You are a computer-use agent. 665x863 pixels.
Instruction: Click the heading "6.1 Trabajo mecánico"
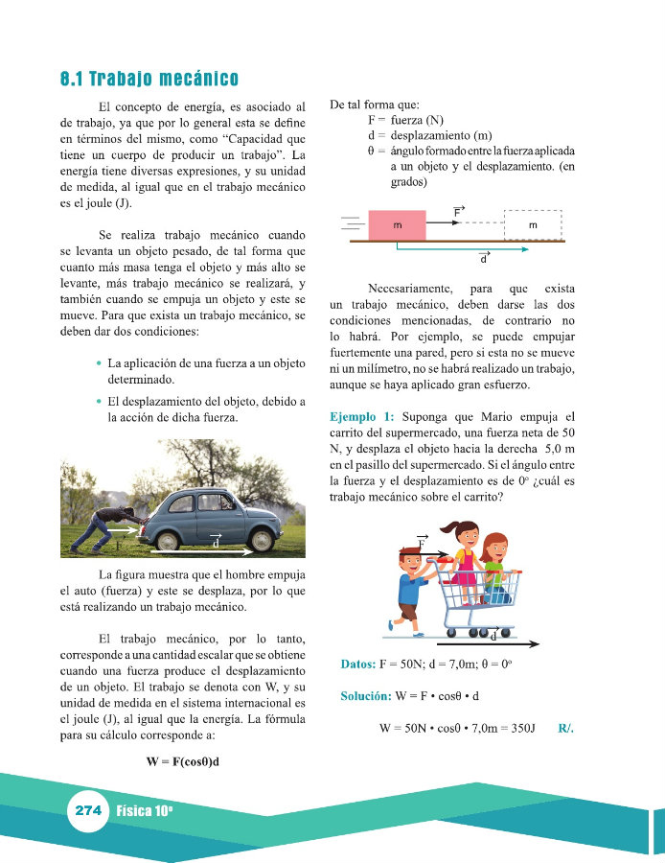click(x=149, y=79)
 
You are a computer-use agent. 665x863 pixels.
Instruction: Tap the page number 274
click(x=88, y=810)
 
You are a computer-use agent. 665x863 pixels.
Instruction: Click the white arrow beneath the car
click(x=199, y=551)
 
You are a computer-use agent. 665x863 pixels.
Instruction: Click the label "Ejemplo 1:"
click(x=361, y=417)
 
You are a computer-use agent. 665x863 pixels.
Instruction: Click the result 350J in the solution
click(x=521, y=729)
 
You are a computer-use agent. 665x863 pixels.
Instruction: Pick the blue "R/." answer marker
click(x=565, y=729)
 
